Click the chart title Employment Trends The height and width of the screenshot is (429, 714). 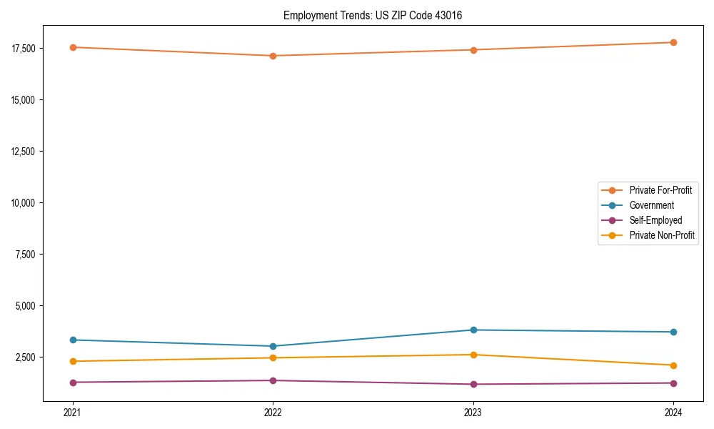[x=373, y=15]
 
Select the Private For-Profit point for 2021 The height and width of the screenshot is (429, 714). [x=73, y=47]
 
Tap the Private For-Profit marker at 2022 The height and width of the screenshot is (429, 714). [x=273, y=56]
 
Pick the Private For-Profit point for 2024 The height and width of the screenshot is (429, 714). [x=673, y=42]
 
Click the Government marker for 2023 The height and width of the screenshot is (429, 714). [x=473, y=330]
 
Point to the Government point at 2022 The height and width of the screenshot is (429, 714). [x=273, y=346]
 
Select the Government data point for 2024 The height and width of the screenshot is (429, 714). [x=673, y=332]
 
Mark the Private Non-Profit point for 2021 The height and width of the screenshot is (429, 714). [x=73, y=361]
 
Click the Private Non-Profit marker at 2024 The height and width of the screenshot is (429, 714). [x=673, y=365]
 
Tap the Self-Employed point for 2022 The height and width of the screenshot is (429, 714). [x=273, y=380]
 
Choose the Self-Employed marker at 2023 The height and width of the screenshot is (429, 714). [x=473, y=384]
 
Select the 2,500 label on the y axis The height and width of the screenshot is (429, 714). [x=25, y=357]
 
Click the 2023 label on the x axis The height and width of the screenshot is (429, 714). [x=473, y=412]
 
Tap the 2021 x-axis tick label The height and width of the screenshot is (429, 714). [x=73, y=412]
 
